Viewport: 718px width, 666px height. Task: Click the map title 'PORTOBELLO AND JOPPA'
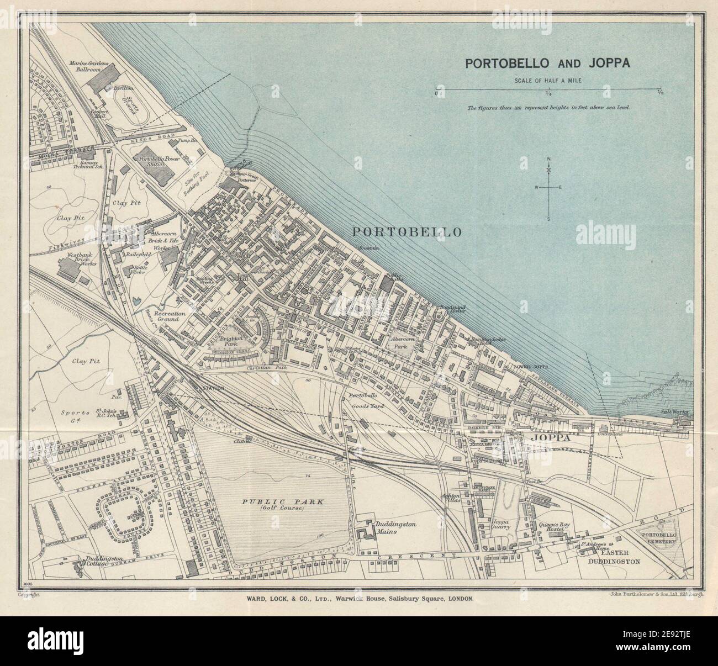547,63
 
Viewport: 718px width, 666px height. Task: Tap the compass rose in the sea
548,188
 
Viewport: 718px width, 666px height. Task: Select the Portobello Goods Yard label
361,401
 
